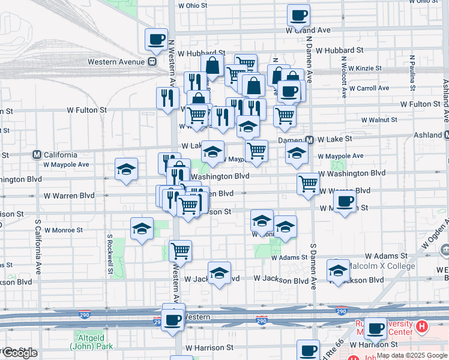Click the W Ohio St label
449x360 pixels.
(x=193, y=5)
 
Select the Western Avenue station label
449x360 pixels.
(x=116, y=61)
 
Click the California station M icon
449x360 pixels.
(x=37, y=154)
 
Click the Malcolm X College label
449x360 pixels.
(x=383, y=266)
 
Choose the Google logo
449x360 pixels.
(x=19, y=353)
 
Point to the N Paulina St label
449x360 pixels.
(x=413, y=75)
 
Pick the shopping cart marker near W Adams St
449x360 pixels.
(x=180, y=250)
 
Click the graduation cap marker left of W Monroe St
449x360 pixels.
(x=142, y=228)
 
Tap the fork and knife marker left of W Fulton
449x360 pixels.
(x=167, y=98)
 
